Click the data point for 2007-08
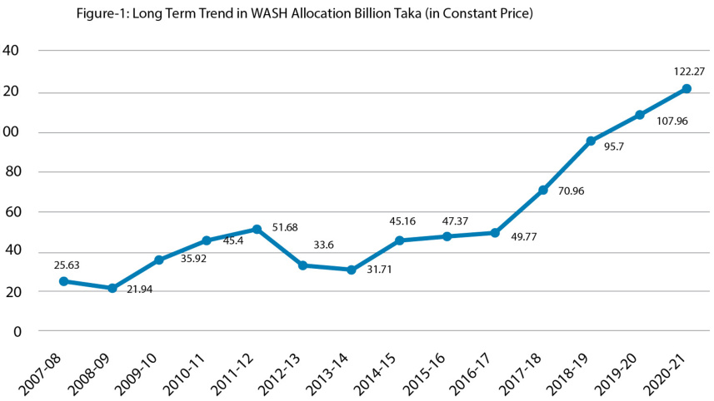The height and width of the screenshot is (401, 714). click(63, 281)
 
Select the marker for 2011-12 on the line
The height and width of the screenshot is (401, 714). click(257, 229)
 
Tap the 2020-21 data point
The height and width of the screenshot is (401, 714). click(687, 88)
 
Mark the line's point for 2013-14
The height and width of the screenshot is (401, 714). click(351, 270)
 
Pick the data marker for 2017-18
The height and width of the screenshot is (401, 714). click(543, 191)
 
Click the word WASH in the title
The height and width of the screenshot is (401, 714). click(272, 14)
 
